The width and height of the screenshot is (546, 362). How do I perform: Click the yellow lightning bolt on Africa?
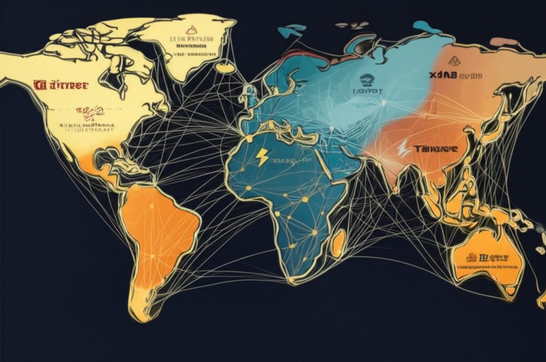[262, 157]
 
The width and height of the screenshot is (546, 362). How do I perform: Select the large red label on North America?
[61, 85]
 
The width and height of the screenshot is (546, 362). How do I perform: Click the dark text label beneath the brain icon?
[367, 91]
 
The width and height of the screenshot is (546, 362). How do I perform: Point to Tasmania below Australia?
[512, 291]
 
